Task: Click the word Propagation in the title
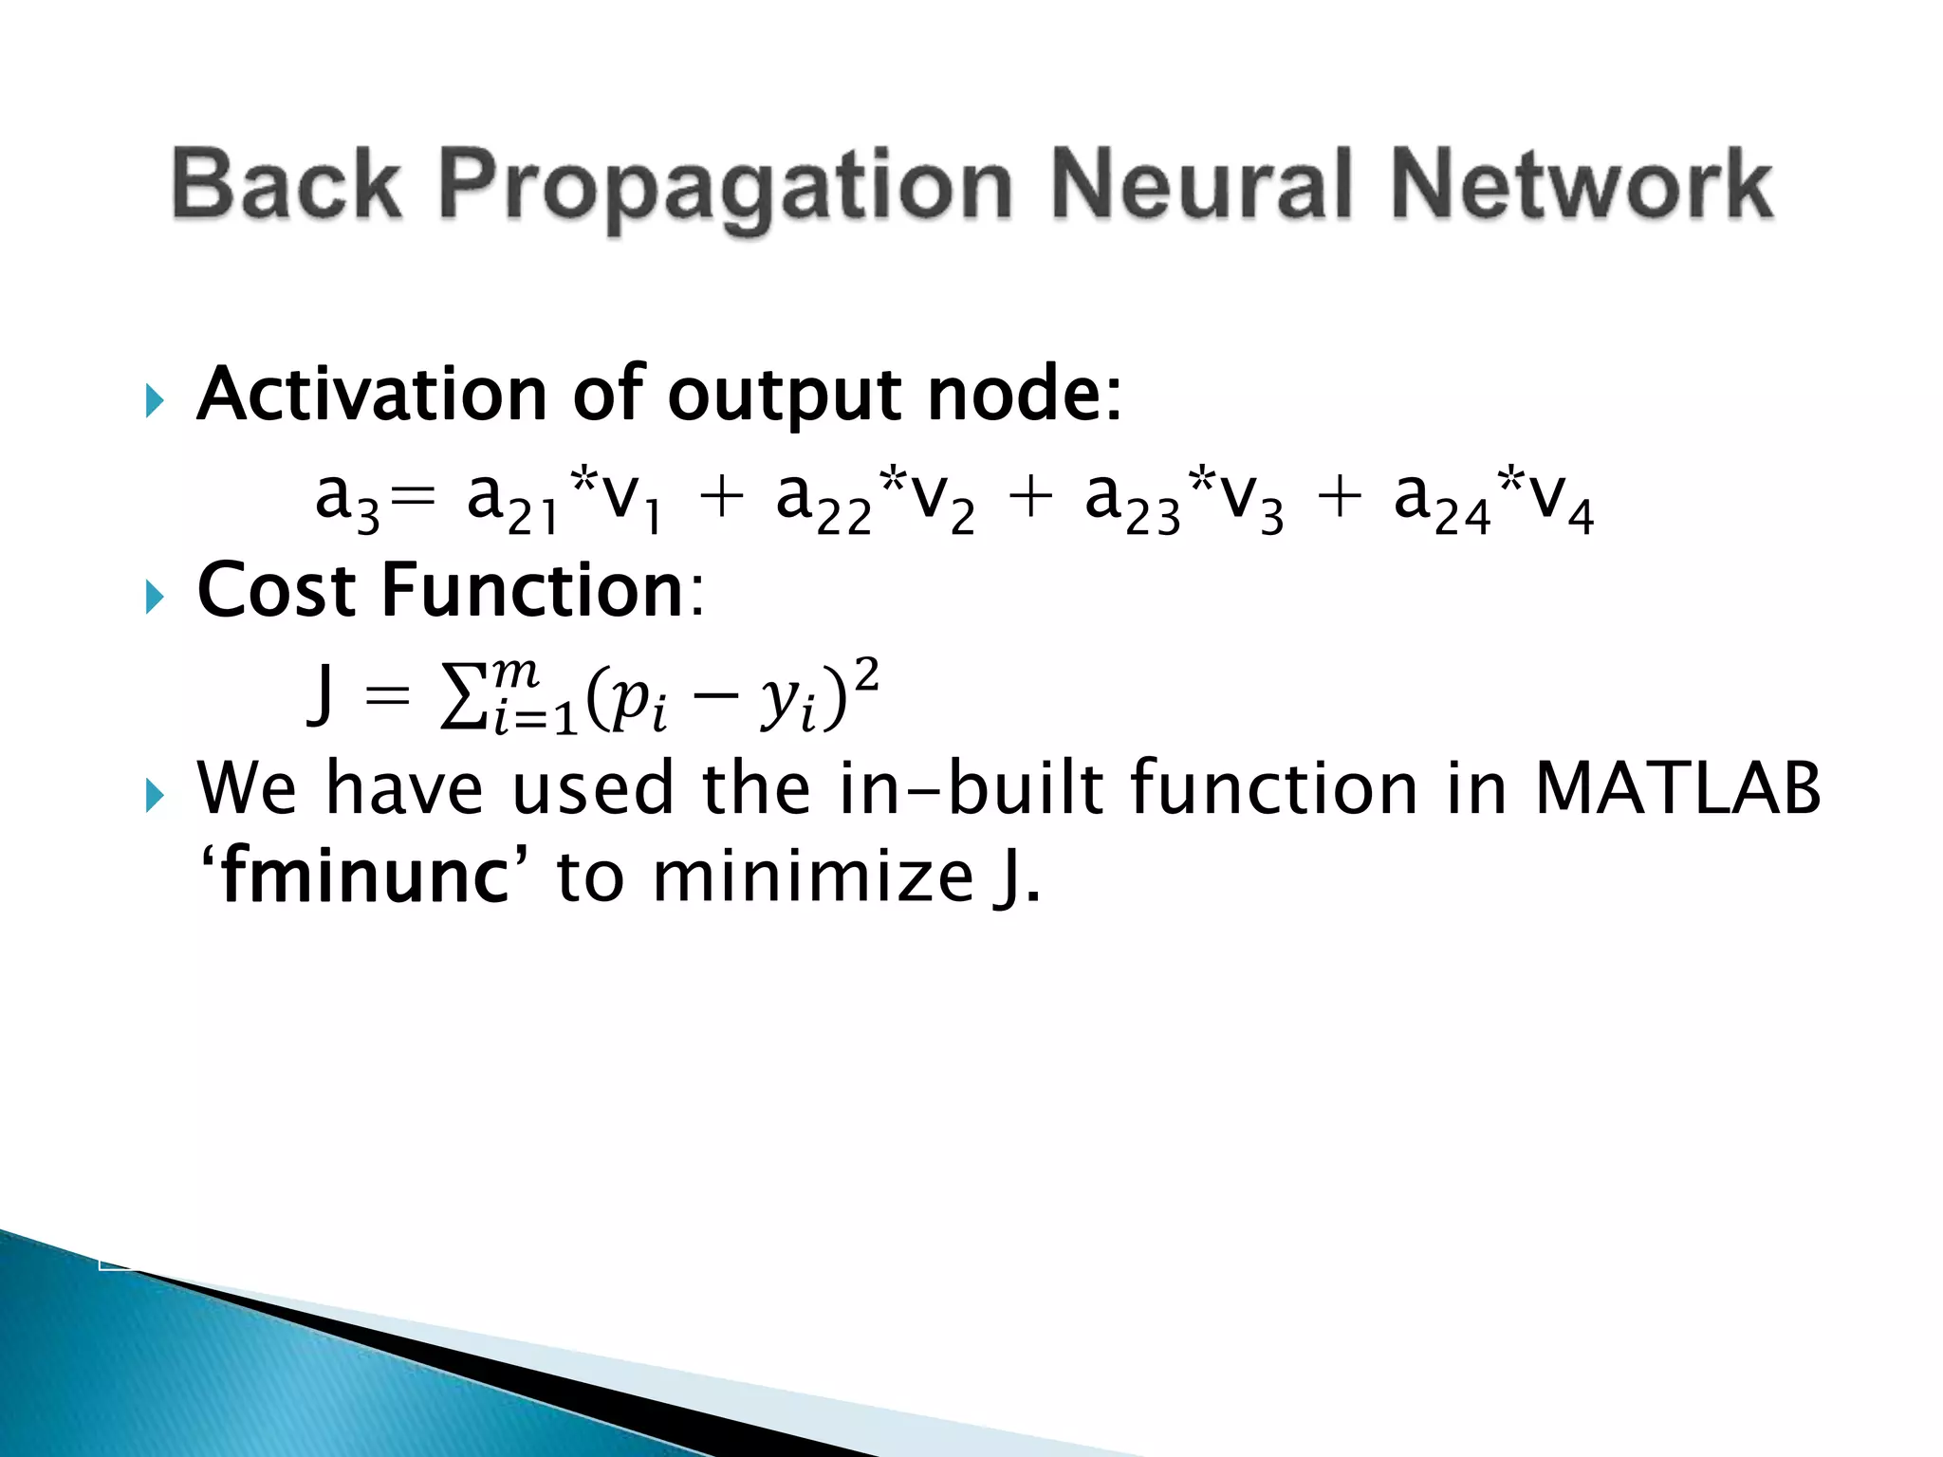(726, 187)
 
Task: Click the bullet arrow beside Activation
(155, 402)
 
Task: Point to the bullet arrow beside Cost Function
(155, 598)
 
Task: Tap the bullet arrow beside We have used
(155, 796)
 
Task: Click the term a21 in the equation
(512, 503)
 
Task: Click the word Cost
(275, 591)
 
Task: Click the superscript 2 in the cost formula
(866, 676)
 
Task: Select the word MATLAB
(1677, 788)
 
